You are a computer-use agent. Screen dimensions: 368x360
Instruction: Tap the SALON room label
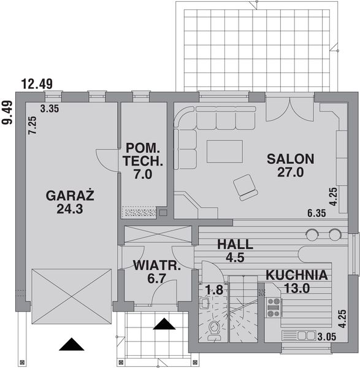[x=290, y=159]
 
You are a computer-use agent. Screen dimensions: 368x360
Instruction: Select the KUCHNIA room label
[x=296, y=275]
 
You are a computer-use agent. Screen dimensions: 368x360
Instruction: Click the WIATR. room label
[x=157, y=266]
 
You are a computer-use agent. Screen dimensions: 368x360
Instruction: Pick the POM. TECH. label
[x=143, y=148]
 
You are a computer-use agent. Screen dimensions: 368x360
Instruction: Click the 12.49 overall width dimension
[x=36, y=84]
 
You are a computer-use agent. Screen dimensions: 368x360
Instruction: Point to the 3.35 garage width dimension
[x=49, y=109]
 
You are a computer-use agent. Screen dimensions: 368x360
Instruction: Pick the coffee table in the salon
[x=224, y=151]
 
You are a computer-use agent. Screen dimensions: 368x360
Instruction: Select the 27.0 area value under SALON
[x=291, y=172]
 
